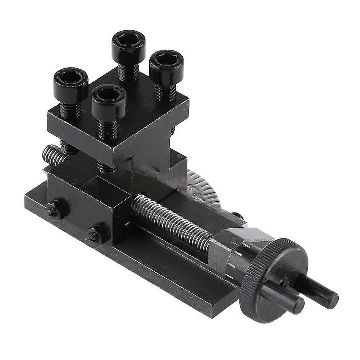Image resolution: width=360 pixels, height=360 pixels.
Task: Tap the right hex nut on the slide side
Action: click(x=95, y=236)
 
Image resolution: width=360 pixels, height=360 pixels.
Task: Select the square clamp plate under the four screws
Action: click(x=119, y=122)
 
